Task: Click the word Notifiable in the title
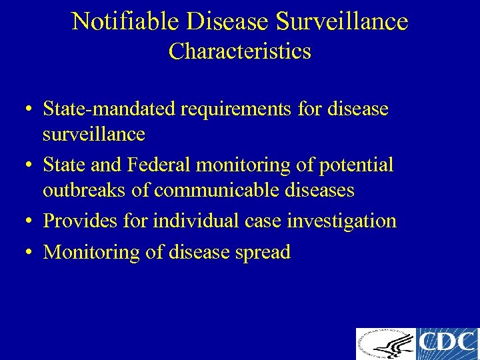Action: [x=126, y=21]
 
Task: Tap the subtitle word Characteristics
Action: [x=239, y=51]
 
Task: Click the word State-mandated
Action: [x=109, y=108]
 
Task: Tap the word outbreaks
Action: [x=85, y=191]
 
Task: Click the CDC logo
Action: [x=447, y=344]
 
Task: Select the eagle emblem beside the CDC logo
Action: [x=385, y=344]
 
